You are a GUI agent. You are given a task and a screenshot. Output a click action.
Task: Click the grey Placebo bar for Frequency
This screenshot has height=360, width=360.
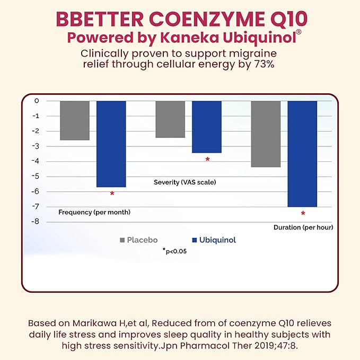pyautogui.click(x=74, y=120)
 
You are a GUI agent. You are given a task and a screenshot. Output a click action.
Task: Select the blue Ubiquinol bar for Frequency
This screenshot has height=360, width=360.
pyautogui.click(x=111, y=144)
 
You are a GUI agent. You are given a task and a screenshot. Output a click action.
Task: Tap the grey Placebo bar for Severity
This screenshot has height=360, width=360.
pyautogui.click(x=170, y=119)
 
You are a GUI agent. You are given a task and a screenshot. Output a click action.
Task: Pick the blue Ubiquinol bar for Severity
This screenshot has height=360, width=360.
pyautogui.click(x=206, y=127)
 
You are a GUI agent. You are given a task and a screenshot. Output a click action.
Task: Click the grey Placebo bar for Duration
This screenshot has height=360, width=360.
pyautogui.click(x=266, y=134)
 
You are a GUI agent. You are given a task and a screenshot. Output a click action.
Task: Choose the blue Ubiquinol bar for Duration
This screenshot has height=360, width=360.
pyautogui.click(x=302, y=154)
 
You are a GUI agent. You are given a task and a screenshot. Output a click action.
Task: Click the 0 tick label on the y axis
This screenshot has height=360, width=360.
pyautogui.click(x=37, y=101)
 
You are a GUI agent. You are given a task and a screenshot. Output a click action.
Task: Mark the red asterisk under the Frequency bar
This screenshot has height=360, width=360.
pyautogui.click(x=112, y=194)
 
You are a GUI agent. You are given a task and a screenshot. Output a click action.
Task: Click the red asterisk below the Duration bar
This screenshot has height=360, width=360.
pyautogui.click(x=303, y=214)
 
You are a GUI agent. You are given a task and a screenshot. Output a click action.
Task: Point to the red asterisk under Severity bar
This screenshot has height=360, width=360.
pyautogui.click(x=207, y=160)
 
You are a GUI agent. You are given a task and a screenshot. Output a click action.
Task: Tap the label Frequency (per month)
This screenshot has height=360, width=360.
pyautogui.click(x=94, y=212)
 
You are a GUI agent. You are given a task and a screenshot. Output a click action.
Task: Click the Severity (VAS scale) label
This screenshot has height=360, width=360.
pyautogui.click(x=185, y=182)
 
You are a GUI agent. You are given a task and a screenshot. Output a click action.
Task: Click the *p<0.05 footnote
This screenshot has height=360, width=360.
pyautogui.click(x=174, y=251)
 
